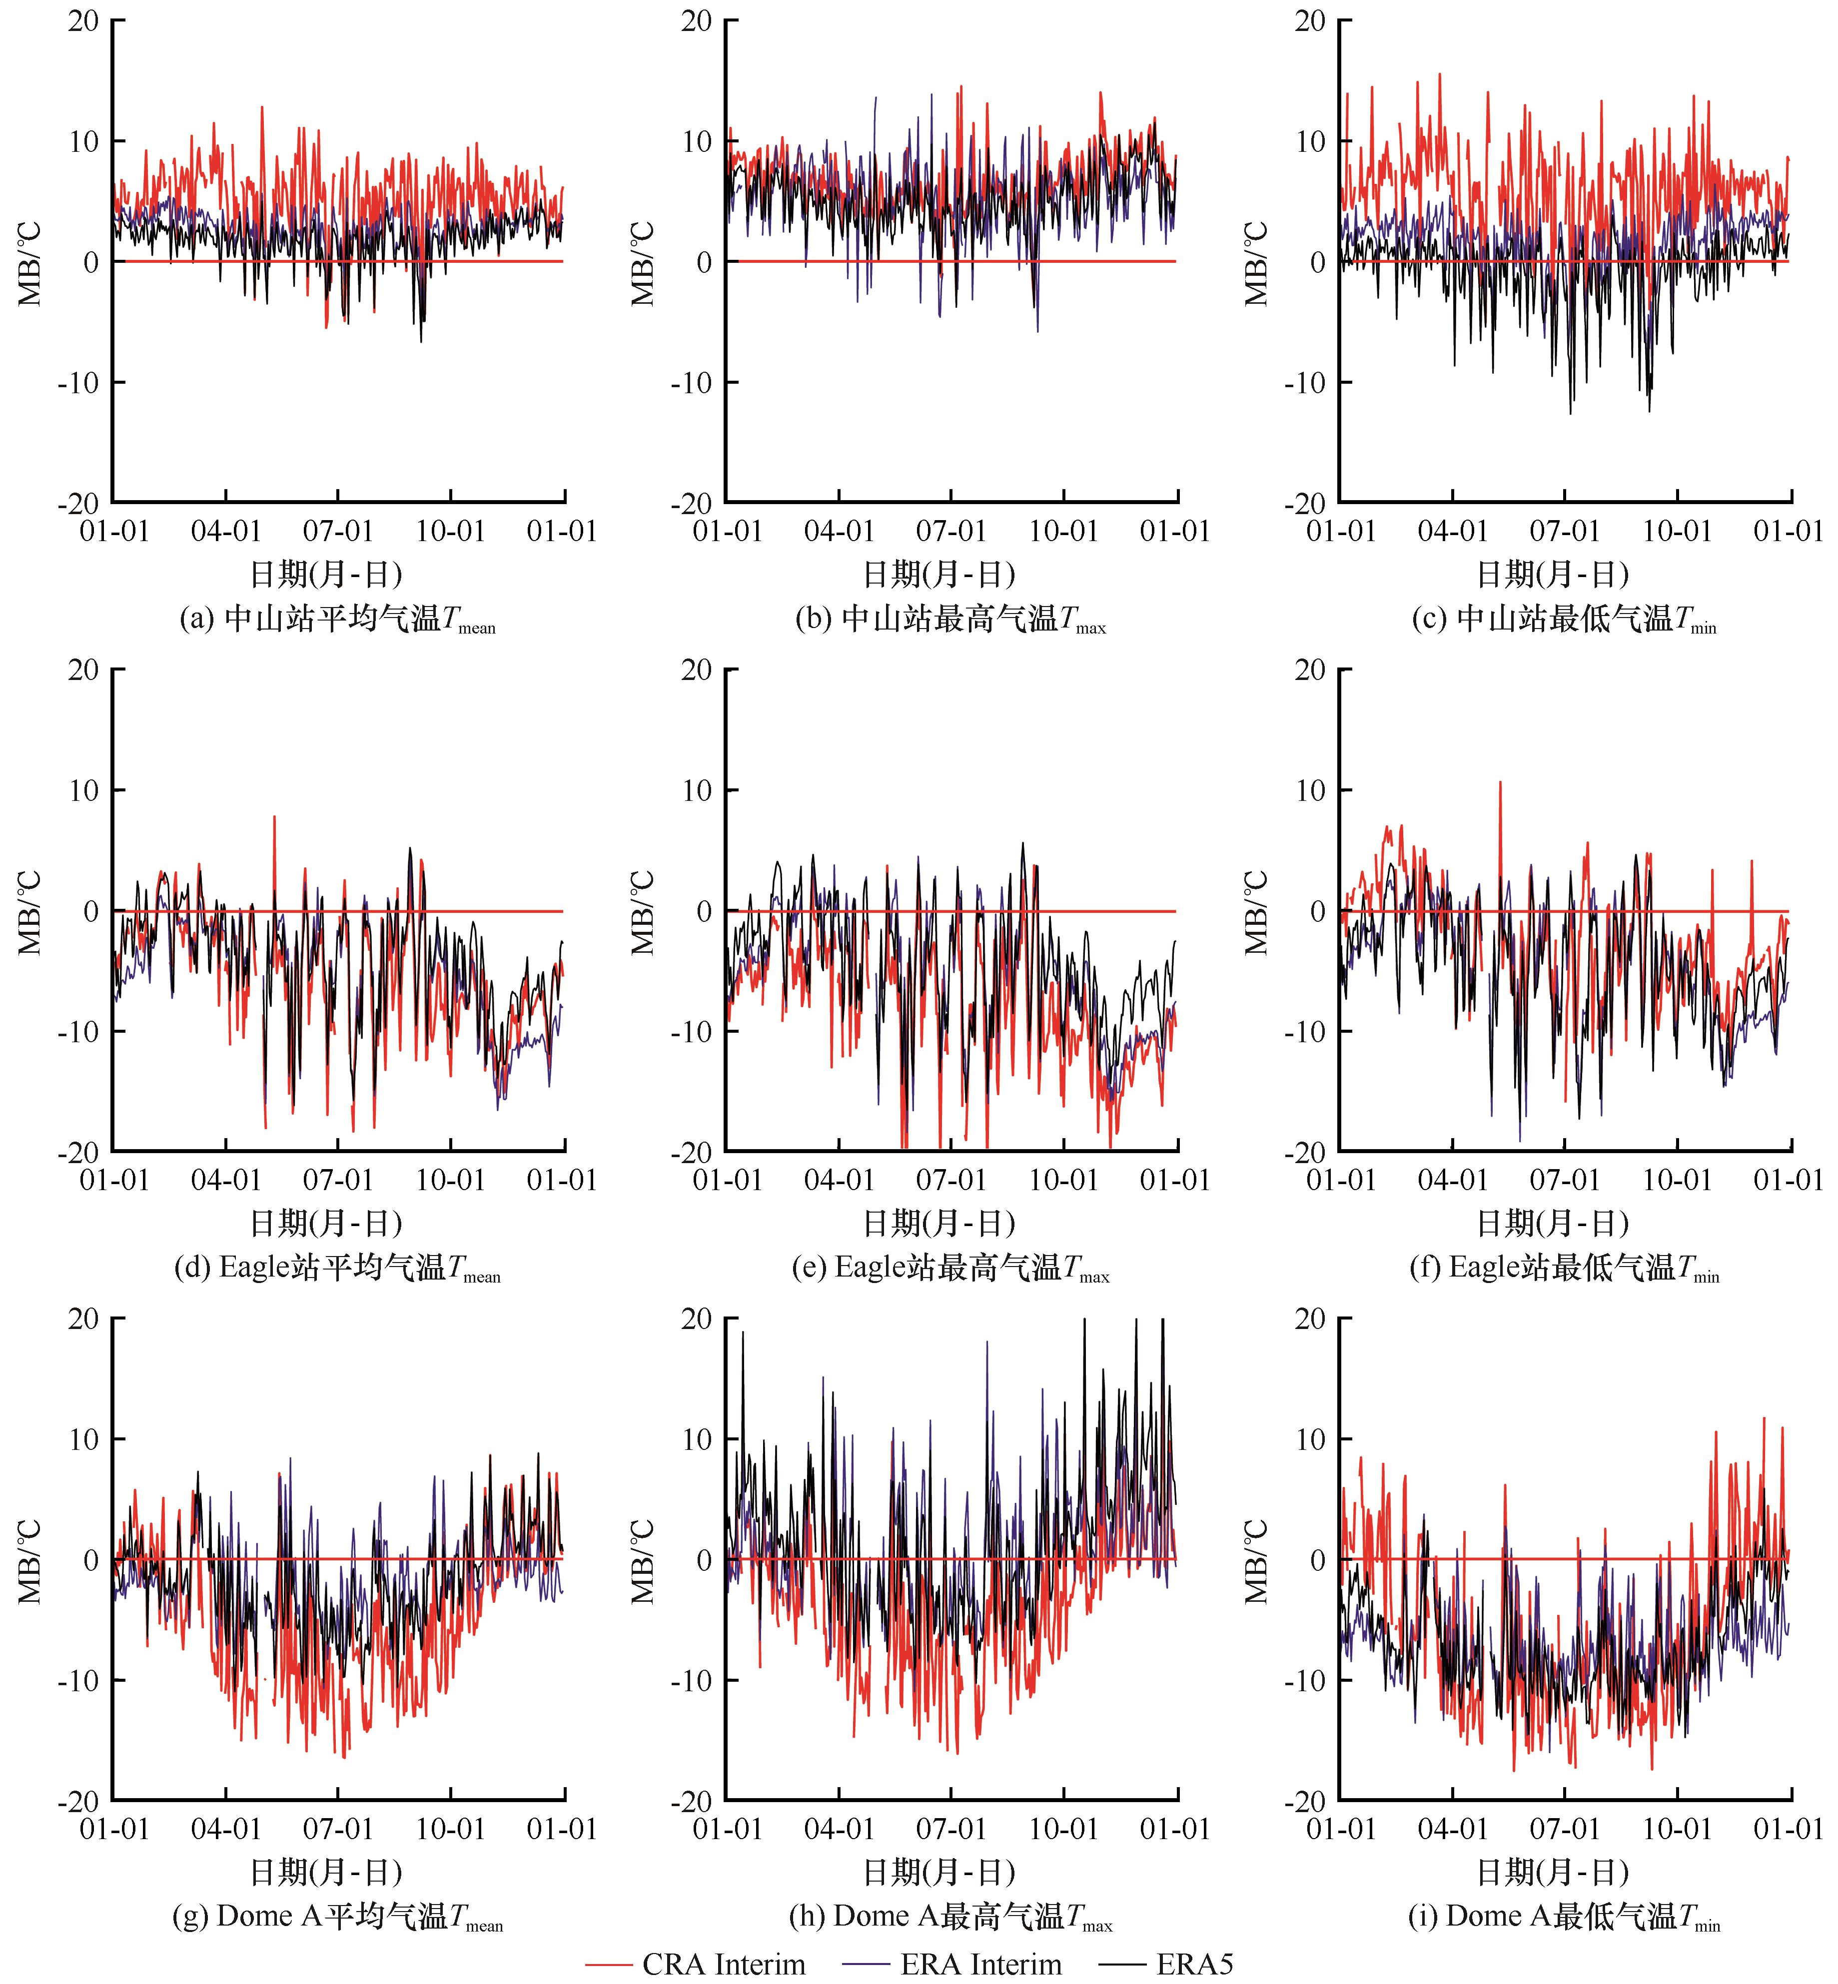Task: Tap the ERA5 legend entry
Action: coord(1166,1964)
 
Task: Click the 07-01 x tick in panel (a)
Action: coord(338,531)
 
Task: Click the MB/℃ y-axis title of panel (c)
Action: coord(1257,262)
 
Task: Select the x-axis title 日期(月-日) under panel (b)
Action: coord(939,575)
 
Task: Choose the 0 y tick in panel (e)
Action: coord(704,911)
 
